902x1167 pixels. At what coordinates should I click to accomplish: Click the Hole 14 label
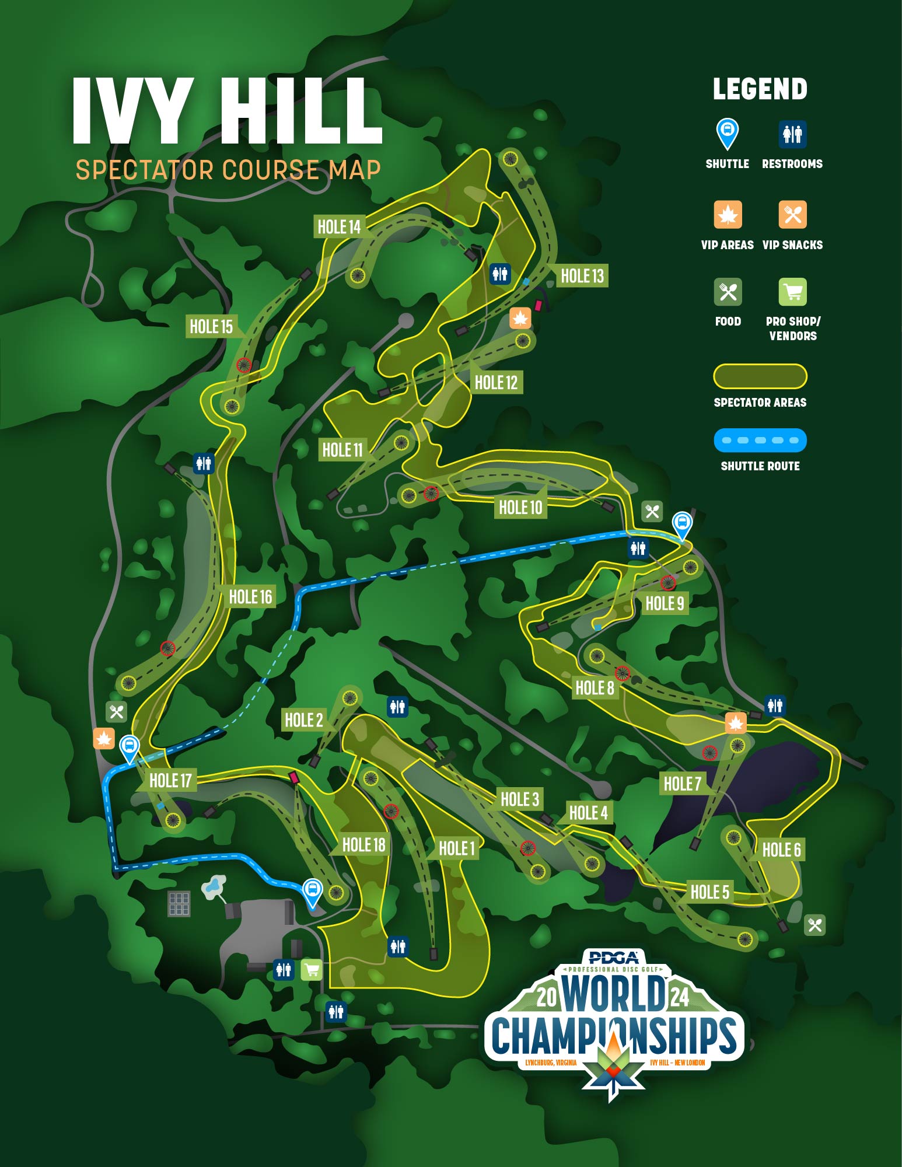coord(339,226)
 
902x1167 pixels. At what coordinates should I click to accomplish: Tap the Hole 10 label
coord(520,507)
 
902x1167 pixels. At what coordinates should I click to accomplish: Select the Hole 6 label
coord(781,850)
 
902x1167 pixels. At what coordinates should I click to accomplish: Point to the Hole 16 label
coord(250,596)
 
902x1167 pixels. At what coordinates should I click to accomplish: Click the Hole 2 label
coord(303,720)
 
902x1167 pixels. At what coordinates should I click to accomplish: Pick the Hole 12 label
coord(496,382)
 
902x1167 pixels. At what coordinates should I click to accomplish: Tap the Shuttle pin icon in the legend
coord(728,133)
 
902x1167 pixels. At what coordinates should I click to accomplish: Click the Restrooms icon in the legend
coord(792,134)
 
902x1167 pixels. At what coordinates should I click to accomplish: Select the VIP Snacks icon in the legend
coord(792,215)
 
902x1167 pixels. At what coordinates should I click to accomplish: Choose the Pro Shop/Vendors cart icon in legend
coord(792,292)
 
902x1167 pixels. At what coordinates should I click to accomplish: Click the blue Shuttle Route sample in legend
coord(760,440)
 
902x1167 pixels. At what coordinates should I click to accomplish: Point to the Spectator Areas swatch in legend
coord(760,376)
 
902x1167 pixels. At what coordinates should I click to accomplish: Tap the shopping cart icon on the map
coord(312,970)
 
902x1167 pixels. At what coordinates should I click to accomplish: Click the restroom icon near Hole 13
coord(500,273)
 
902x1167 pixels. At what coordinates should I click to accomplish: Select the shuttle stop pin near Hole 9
coord(682,524)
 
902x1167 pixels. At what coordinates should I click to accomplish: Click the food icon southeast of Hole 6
coord(814,925)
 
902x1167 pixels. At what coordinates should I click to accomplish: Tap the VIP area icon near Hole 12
coord(520,319)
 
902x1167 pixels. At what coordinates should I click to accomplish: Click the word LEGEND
coord(760,89)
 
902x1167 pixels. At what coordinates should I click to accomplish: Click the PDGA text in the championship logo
coord(613,958)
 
